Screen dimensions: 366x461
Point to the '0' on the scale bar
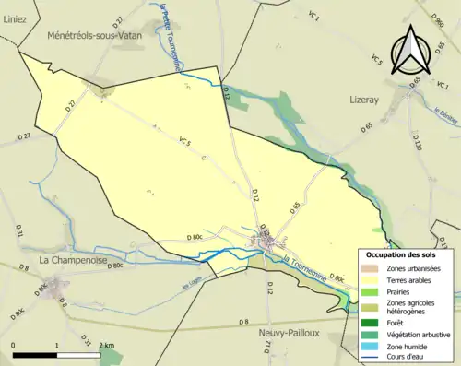(x=13, y=345)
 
